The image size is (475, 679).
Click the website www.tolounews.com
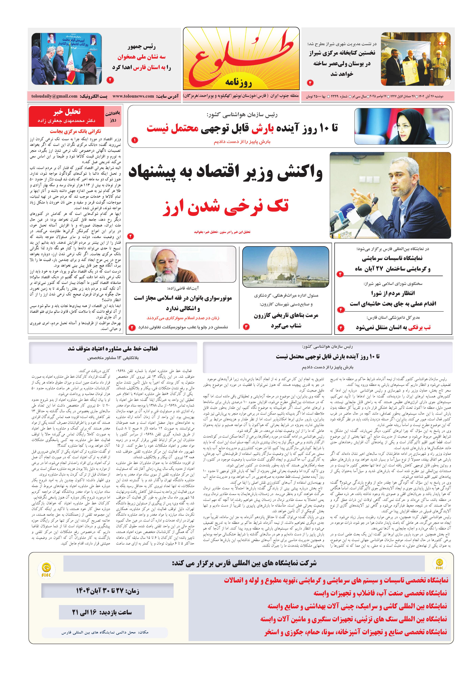pyautogui.click(x=133, y=96)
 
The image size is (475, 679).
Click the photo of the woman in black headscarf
pyautogui.click(x=401, y=126)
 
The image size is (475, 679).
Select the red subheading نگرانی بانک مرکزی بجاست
pyautogui.click(x=75, y=131)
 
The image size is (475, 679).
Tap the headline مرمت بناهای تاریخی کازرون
pyautogui.click(x=286, y=315)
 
